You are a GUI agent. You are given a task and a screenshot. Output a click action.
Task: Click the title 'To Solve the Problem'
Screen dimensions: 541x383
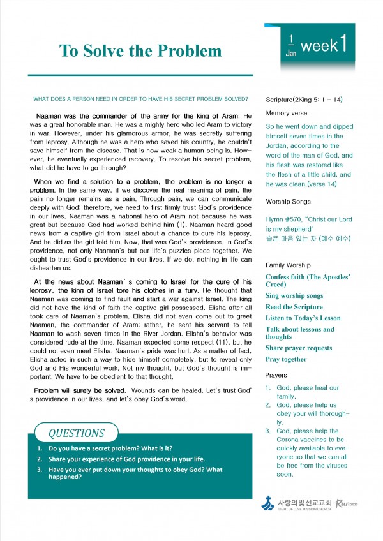[x=140, y=51]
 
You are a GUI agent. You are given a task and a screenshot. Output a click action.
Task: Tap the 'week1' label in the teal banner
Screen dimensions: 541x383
[x=324, y=45]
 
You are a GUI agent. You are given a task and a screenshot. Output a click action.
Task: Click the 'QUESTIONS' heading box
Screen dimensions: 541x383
[x=77, y=433]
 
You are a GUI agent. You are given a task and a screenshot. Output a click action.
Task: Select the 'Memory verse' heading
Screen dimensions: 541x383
[x=287, y=113]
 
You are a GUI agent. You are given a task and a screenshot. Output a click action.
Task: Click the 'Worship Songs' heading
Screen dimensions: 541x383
[x=288, y=202]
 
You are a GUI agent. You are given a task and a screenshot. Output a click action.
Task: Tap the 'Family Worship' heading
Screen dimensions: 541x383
[x=288, y=265]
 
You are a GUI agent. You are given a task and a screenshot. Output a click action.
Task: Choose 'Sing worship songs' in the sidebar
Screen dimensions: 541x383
[x=294, y=296]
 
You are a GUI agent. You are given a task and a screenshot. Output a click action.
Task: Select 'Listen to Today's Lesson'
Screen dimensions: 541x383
[x=303, y=318]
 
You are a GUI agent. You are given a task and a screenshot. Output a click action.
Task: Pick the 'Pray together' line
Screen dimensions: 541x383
[x=286, y=359]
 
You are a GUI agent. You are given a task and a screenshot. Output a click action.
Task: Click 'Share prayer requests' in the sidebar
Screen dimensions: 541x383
[x=299, y=348]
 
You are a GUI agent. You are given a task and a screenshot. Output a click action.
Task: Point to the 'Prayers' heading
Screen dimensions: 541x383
[x=276, y=375]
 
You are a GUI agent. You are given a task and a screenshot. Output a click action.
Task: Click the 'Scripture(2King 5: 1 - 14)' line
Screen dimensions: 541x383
[x=304, y=100]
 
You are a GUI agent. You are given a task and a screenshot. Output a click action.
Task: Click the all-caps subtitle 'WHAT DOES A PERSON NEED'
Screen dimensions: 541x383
[x=140, y=100]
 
